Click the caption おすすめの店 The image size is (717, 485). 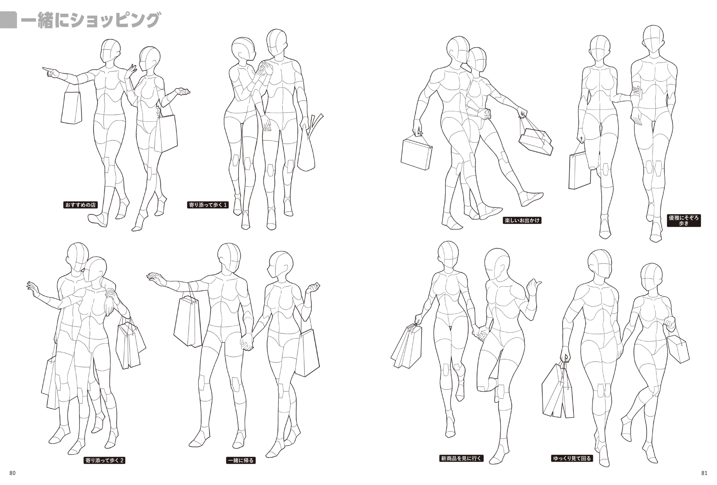click(80, 205)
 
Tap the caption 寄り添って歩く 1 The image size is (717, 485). click(208, 205)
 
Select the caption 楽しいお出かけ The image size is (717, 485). click(522, 220)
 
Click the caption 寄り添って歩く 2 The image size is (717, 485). click(105, 461)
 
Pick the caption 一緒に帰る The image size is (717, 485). click(241, 461)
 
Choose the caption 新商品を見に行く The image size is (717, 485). click(461, 458)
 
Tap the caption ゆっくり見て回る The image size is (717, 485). click(572, 458)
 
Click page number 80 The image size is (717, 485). click(12, 473)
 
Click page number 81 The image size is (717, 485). click(704, 473)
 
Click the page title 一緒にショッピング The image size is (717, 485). click(90, 21)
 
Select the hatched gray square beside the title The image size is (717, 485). click(8, 20)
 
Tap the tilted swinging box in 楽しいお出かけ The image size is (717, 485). click(535, 142)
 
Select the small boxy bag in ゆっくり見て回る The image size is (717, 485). click(678, 350)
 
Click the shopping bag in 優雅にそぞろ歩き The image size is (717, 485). click(579, 170)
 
